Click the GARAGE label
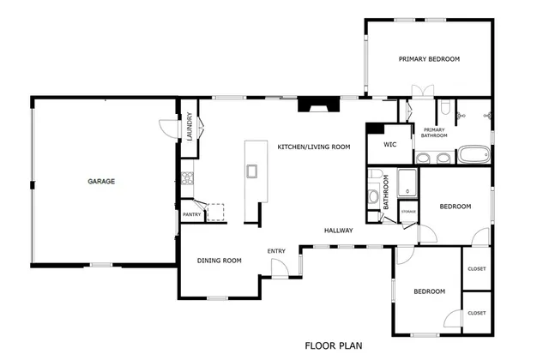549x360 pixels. pos(100,182)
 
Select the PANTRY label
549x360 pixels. pos(190,214)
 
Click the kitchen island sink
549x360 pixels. pos(252,171)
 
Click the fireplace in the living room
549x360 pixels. pos(312,107)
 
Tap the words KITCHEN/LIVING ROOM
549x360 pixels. pos(313,147)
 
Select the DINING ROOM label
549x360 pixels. pos(219,261)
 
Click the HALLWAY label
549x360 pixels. pos(340,230)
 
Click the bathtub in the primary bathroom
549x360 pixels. pos(474,156)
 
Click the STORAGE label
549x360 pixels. pos(408,211)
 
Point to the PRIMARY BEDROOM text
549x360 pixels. pos(429,59)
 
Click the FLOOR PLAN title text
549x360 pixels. pos(334,346)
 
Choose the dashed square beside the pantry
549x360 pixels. pos(215,212)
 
